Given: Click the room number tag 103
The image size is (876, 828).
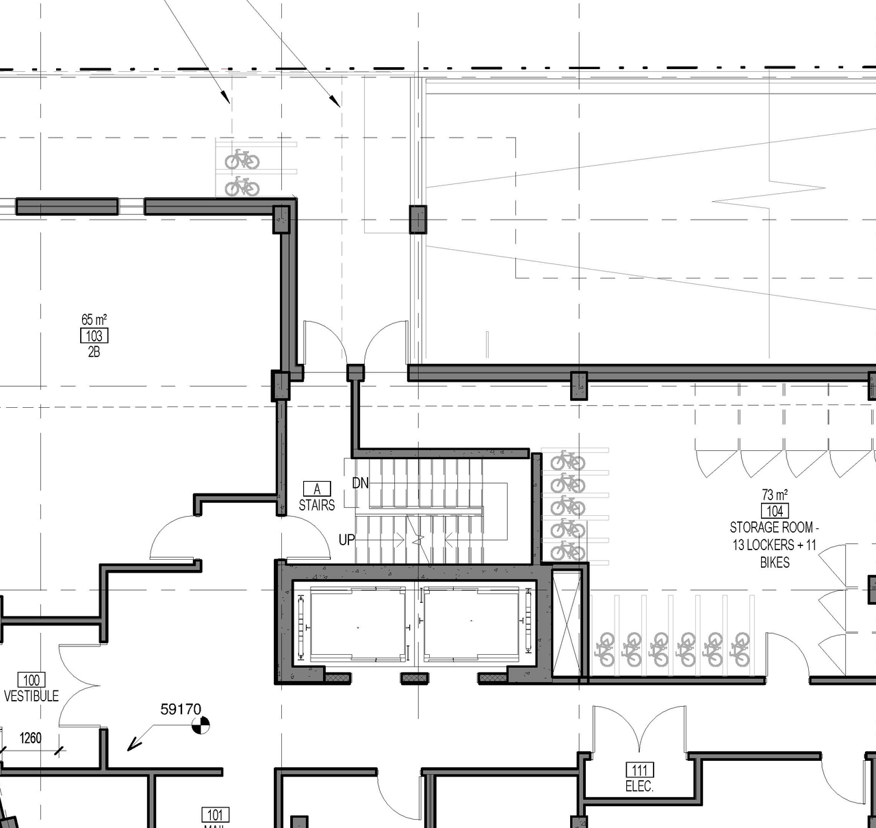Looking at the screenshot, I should point(94,336).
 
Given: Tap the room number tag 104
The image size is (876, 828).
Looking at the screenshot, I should point(775,511).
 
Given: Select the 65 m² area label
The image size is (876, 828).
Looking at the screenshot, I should point(94,320).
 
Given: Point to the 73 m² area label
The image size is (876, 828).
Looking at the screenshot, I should point(775,494).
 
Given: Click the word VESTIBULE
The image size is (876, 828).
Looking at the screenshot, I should point(31,696).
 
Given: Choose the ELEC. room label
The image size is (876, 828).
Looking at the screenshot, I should point(639,786).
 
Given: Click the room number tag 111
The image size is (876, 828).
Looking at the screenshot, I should point(639,771).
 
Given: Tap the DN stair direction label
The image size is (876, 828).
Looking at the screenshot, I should point(360,483).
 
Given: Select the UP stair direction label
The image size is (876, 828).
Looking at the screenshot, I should point(347,540).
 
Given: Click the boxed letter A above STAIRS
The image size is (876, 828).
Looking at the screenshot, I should point(317,489).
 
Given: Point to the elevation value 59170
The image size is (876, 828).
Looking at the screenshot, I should point(181,710).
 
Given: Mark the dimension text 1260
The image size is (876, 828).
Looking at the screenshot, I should point(30,738).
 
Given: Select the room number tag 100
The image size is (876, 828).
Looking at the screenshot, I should point(31,680).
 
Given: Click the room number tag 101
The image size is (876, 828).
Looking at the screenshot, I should point(215,815).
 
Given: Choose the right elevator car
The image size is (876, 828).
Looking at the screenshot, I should point(471,624).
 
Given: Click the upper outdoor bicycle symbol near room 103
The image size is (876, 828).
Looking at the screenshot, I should point(242,160).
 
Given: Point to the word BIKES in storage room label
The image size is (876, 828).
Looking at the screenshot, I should point(775,562).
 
